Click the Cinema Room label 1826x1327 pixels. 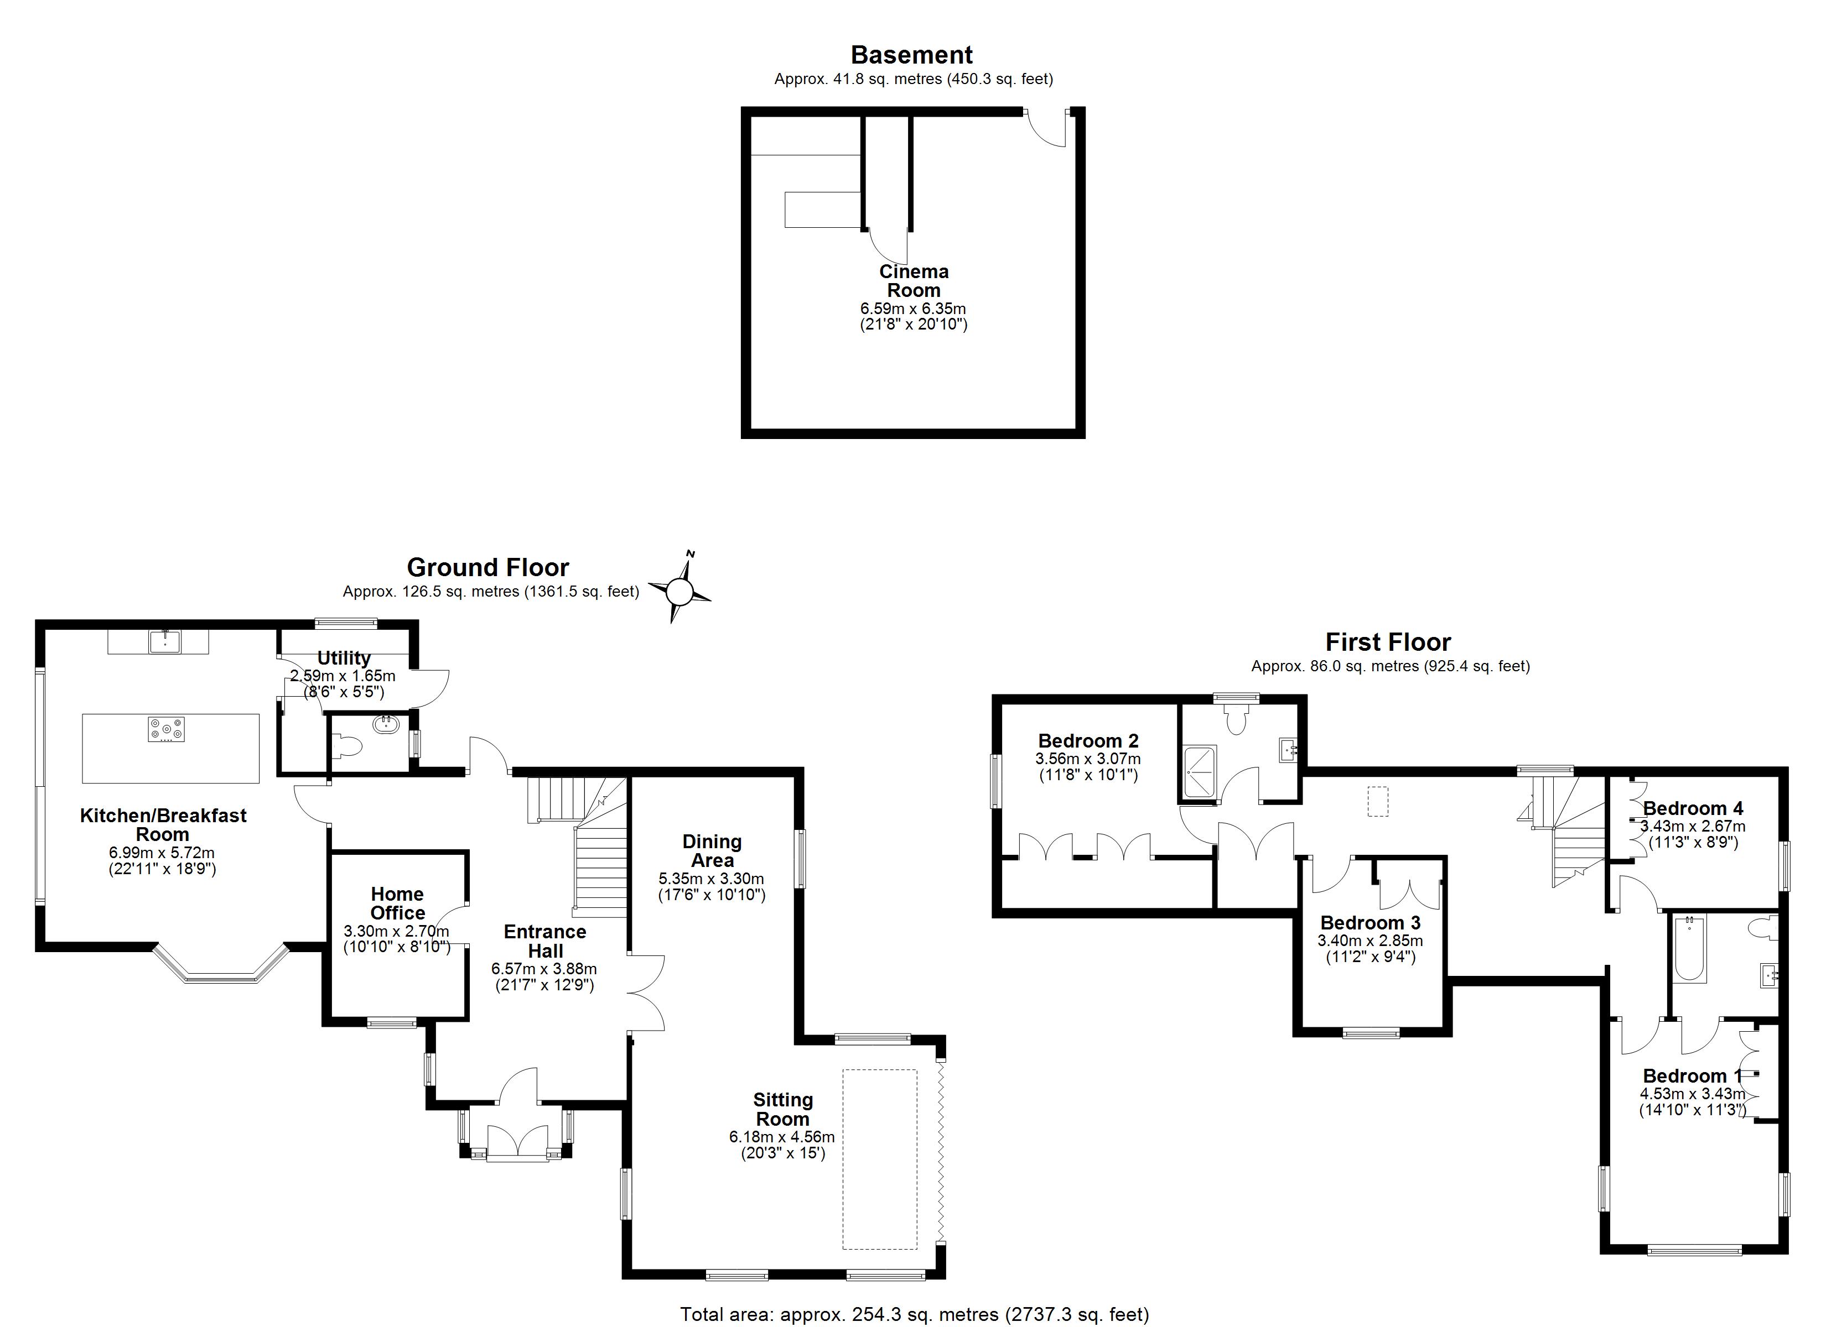pyautogui.click(x=913, y=281)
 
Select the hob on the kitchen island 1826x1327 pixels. pyautogui.click(x=166, y=729)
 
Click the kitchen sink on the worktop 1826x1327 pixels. pyautogui.click(x=165, y=641)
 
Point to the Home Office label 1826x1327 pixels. pyautogui.click(x=397, y=903)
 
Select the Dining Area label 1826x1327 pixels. pyautogui.click(x=712, y=850)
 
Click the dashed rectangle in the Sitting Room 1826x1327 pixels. pyautogui.click(x=879, y=1159)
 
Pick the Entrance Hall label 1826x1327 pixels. pyautogui.click(x=545, y=941)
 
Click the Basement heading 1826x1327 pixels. pyautogui.click(x=911, y=55)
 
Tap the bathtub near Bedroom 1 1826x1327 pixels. pyautogui.click(x=1689, y=949)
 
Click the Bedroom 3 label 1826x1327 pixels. pyautogui.click(x=1369, y=922)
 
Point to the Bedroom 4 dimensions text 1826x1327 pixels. pyautogui.click(x=1692, y=834)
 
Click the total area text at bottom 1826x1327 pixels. pyautogui.click(x=914, y=1314)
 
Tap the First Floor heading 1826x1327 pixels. pyautogui.click(x=1388, y=642)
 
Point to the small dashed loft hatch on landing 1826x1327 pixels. pyautogui.click(x=1378, y=802)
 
